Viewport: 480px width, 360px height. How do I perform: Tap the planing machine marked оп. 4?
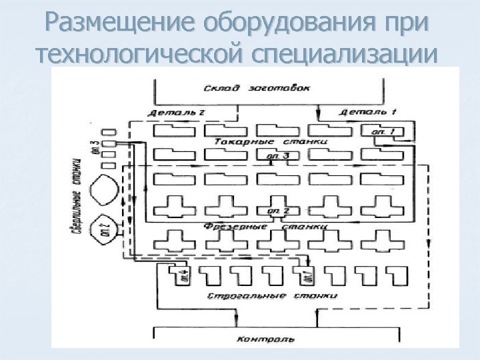[181, 275]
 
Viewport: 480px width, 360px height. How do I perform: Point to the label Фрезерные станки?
[273, 227]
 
